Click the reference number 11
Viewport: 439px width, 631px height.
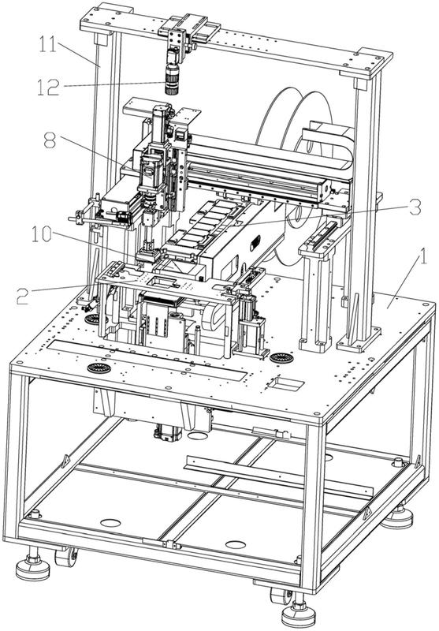click(x=48, y=45)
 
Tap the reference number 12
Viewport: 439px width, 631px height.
click(x=48, y=87)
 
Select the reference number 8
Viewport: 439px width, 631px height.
click(x=50, y=141)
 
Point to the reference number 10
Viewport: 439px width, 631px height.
click(x=42, y=234)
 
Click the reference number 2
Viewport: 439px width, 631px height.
click(x=23, y=295)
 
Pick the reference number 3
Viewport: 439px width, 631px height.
click(x=415, y=207)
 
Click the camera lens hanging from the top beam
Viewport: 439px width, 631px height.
click(x=172, y=80)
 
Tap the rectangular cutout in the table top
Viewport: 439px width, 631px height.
click(x=285, y=383)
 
